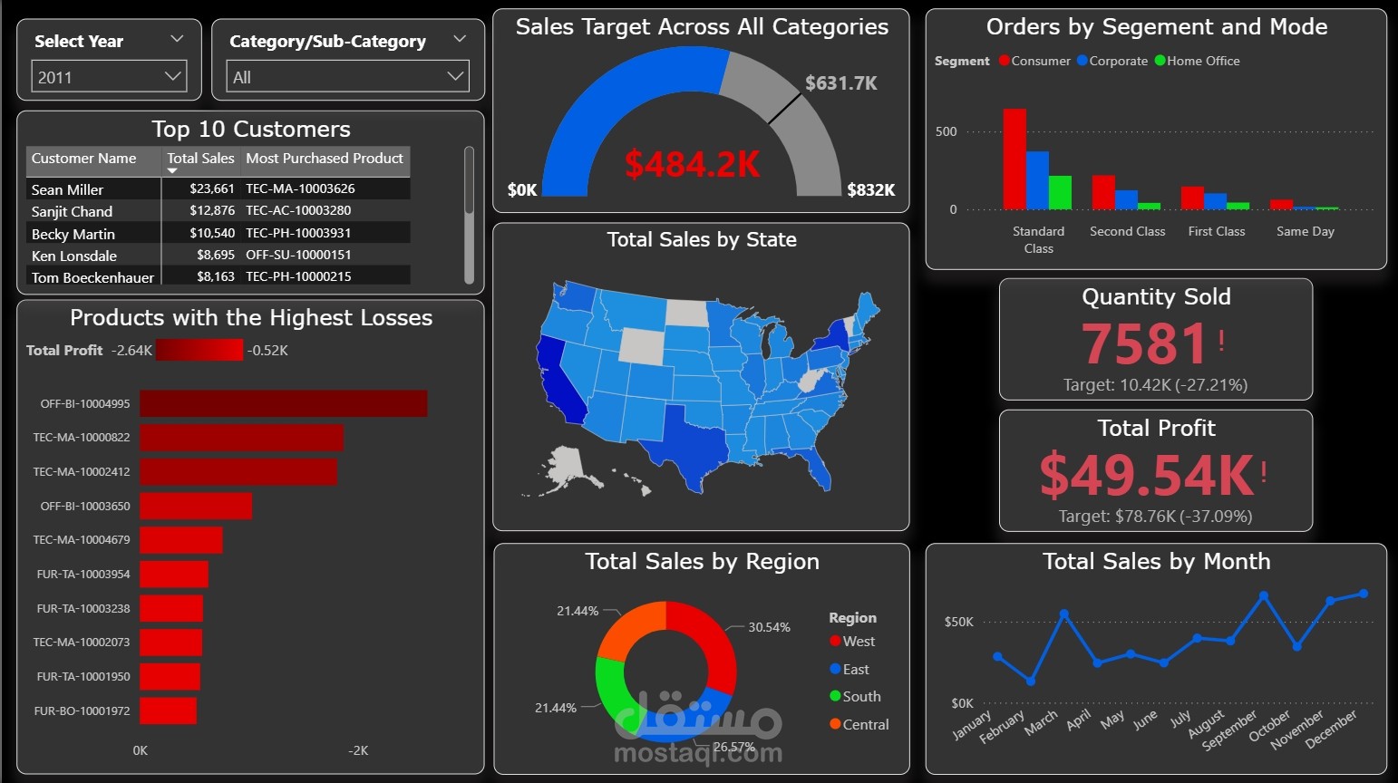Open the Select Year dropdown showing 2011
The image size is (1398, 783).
pos(109,77)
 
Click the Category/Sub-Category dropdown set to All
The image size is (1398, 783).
pos(347,77)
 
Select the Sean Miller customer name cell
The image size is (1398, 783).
pos(68,189)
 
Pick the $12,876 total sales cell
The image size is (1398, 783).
pos(212,210)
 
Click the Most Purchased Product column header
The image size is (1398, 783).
pos(325,159)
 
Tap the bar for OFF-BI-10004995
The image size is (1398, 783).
pos(283,403)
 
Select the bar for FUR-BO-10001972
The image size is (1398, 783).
pos(168,710)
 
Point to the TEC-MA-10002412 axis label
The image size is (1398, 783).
pos(82,471)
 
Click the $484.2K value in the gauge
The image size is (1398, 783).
pos(693,164)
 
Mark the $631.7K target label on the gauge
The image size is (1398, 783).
pos(840,83)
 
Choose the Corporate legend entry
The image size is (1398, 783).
pos(1112,61)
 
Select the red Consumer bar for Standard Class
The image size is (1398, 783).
pos(1015,159)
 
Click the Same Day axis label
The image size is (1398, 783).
pos(1305,231)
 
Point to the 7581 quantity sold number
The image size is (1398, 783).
pos(1145,343)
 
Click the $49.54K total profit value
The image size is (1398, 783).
pos(1147,475)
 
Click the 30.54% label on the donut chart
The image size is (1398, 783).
pos(769,627)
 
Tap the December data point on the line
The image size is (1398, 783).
pos(1364,594)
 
